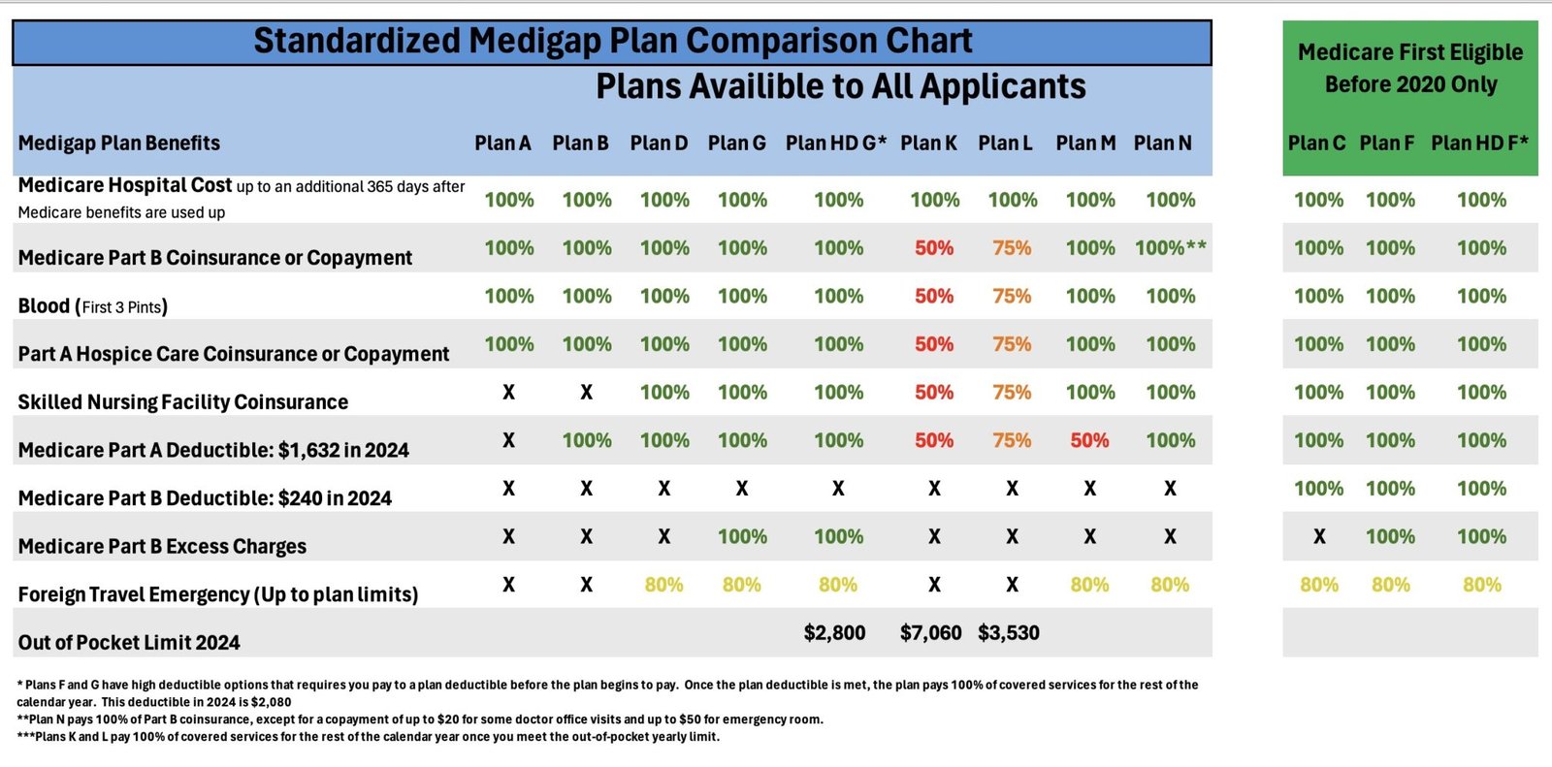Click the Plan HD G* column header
pos(835,144)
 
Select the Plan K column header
pos(928,144)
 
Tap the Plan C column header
pos(1316,144)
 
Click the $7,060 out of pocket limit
pos(930,633)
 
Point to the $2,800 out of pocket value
pos(834,633)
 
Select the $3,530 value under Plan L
pos(1008,633)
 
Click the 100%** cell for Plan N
pos(1171,248)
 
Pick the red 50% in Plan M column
pos(1089,440)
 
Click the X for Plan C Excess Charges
pos(1319,536)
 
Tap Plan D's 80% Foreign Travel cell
pos(663,585)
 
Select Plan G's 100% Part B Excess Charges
pos(742,536)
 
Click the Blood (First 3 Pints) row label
pos(93,306)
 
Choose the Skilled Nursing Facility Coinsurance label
pos(182,402)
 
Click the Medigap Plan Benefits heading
pos(118,144)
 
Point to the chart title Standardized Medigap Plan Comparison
pos(612,42)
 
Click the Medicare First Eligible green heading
pos(1409,68)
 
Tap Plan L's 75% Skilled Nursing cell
pos(1012,393)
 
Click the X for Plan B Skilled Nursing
pos(586,393)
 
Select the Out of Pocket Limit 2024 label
pos(128,642)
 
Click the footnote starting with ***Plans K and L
pos(368,737)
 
